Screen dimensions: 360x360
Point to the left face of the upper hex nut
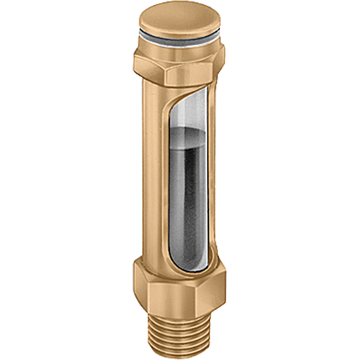tap(144, 66)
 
